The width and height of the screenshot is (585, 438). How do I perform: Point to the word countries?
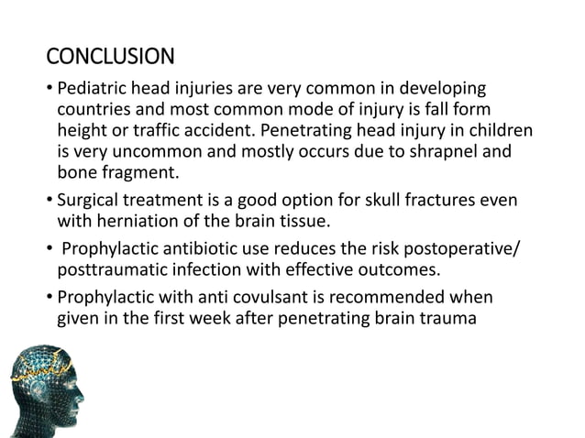point(94,111)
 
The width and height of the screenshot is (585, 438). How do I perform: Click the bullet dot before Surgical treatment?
point(50,200)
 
